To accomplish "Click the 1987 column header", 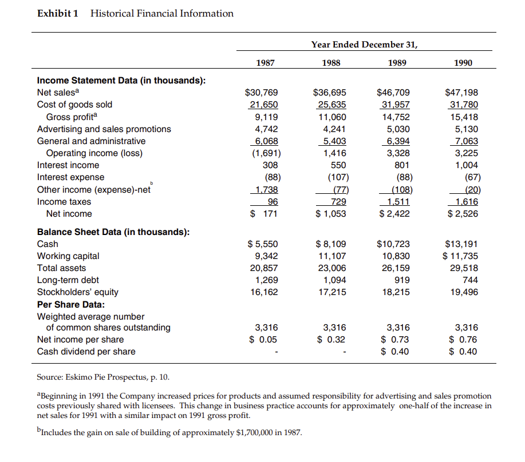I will tap(264, 63).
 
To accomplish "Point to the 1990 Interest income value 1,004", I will tap(465, 165).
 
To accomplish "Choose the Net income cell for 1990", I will tap(461, 214).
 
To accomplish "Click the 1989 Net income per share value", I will tap(396, 340).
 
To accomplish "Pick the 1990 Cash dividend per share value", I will tap(461, 352).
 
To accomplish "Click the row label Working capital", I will tap(68, 256).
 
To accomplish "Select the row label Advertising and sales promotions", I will tap(104, 129).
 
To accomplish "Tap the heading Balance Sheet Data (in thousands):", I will tap(113, 232).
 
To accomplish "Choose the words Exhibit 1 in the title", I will tap(57, 13).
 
